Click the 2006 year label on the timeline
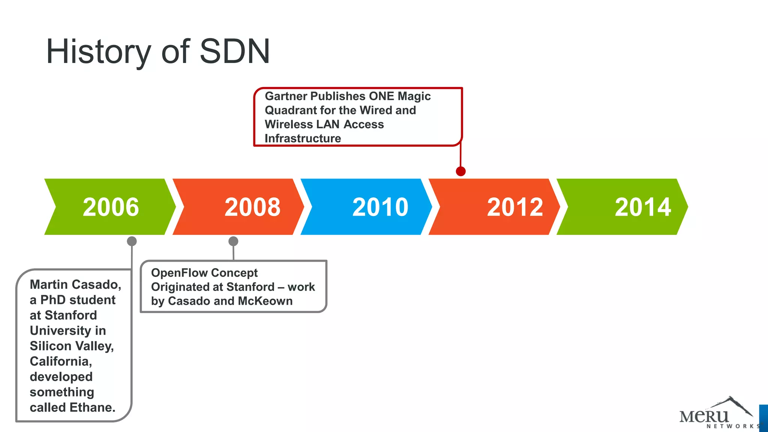111,207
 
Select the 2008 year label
252,207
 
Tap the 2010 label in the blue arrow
380,207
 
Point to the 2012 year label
515,207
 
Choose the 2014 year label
643,207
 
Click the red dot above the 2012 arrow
460,171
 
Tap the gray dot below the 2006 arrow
132,241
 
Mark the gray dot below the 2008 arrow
233,241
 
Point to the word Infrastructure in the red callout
303,138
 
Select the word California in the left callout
61,361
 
